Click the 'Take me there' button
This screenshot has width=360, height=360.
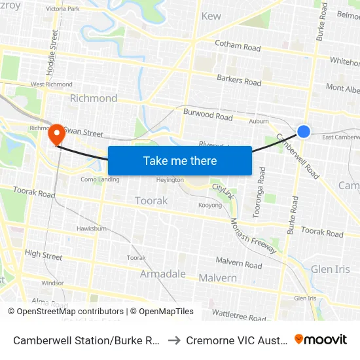180,160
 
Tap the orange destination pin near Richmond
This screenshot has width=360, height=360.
57,134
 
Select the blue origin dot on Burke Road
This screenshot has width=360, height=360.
304,132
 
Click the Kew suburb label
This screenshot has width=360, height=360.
211,16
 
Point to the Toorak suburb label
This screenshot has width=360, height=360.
151,200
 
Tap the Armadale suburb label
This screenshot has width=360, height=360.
163,274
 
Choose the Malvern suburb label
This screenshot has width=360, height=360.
217,278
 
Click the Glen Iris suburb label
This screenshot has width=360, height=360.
331,269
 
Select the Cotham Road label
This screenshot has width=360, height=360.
238,46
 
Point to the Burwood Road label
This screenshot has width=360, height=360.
207,115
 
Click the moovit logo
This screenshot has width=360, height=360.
320,340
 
